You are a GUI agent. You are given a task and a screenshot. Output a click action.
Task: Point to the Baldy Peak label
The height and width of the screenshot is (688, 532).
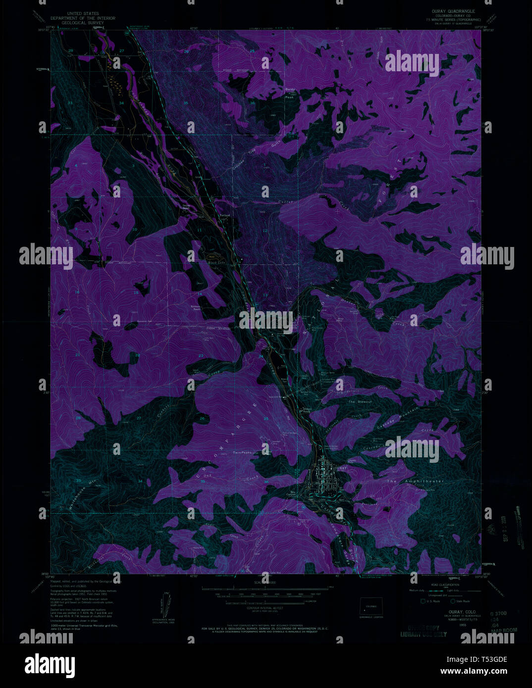coord(290,93)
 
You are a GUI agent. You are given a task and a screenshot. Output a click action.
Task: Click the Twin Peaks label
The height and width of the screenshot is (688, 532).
coord(243,452)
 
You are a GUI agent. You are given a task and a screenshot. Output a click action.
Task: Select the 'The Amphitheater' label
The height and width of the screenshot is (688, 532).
coord(409,481)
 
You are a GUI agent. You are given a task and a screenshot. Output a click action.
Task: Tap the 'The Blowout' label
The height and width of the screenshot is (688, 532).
coord(360,401)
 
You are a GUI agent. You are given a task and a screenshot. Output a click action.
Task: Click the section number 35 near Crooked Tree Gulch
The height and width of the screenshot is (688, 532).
coord(186,103)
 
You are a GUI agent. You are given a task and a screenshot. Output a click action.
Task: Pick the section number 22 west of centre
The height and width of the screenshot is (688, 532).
coord(137,355)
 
